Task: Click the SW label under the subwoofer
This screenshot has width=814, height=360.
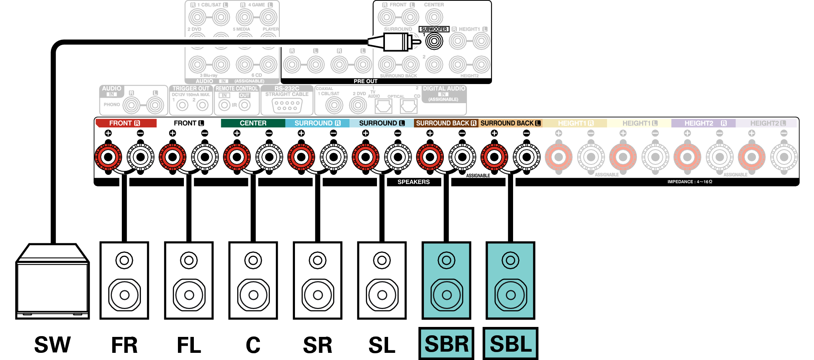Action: point(52,345)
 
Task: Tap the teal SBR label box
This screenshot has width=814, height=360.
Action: point(446,344)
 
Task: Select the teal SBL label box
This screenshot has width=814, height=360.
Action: point(510,344)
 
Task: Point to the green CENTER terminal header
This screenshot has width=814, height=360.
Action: point(253,123)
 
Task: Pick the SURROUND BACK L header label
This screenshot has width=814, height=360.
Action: point(510,123)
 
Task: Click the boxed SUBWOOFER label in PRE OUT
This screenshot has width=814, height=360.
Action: point(434,29)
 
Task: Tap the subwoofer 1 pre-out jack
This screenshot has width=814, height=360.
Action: point(434,41)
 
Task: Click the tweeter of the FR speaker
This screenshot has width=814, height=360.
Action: point(124,260)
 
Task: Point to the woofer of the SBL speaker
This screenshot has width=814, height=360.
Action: point(511,295)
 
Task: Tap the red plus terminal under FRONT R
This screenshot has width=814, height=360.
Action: point(108,157)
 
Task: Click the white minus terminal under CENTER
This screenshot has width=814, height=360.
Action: point(269,157)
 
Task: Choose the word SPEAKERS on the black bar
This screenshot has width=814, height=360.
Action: point(414,182)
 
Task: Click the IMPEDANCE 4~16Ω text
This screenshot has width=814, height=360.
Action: point(689,182)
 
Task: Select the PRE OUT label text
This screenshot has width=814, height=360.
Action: point(365,81)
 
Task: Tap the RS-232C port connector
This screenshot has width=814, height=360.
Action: point(287,106)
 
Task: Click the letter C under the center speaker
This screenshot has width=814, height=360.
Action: point(253,345)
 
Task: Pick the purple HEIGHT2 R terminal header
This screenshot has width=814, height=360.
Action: point(703,123)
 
